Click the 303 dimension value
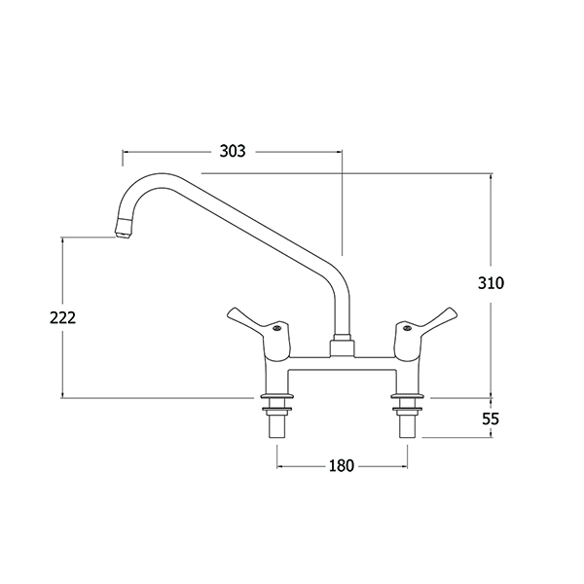coord(233,151)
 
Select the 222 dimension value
coord(62,317)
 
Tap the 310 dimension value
coord(491,283)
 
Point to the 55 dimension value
coord(491,419)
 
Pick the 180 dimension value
coord(342,465)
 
